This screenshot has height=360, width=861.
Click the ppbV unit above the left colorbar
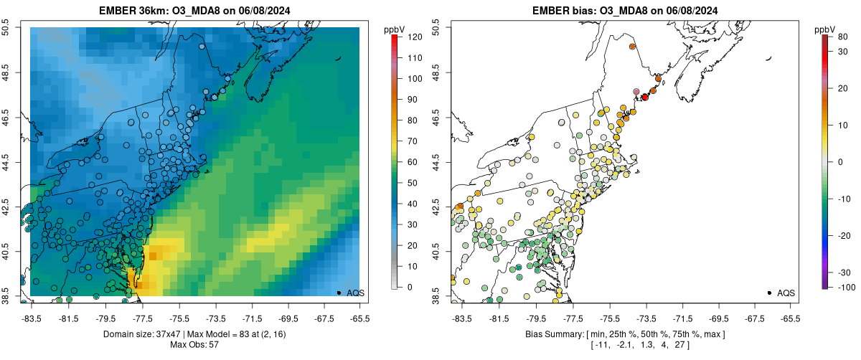395,29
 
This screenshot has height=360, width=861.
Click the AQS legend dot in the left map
339,293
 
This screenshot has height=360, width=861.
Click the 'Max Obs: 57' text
194,345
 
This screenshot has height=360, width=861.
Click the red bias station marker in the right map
645,97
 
